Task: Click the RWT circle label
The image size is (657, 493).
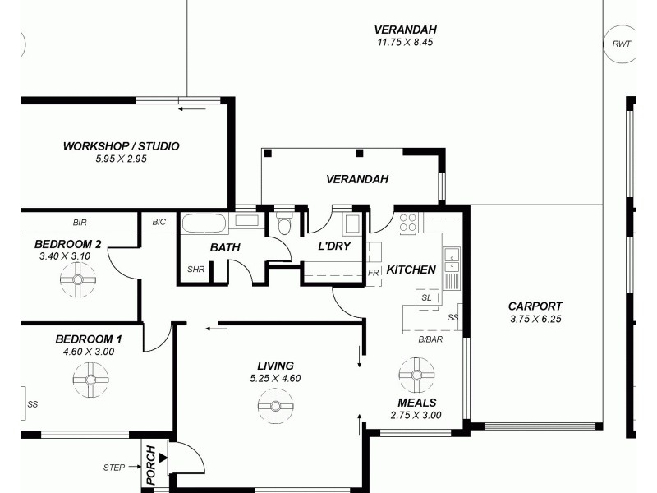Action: pos(621,44)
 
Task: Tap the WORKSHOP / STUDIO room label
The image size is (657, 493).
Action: pos(121,146)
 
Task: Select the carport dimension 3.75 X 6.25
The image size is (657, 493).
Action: pos(535,319)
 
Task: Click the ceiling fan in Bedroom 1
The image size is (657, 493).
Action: pos(90,379)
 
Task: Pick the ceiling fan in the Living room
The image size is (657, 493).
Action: pos(275,405)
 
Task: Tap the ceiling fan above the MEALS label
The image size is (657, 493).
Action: pos(416,375)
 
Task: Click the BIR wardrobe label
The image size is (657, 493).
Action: pos(80,223)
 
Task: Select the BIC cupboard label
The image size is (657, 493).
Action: pos(159,223)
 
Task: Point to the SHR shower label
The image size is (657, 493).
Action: pos(195,270)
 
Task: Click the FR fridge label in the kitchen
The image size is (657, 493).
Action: pos(374,273)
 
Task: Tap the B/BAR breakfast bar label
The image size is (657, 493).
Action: pos(430,339)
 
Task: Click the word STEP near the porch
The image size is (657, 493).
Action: pos(114,468)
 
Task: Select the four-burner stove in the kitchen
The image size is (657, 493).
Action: pos(408,223)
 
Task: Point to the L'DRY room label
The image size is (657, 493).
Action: pos(335,246)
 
